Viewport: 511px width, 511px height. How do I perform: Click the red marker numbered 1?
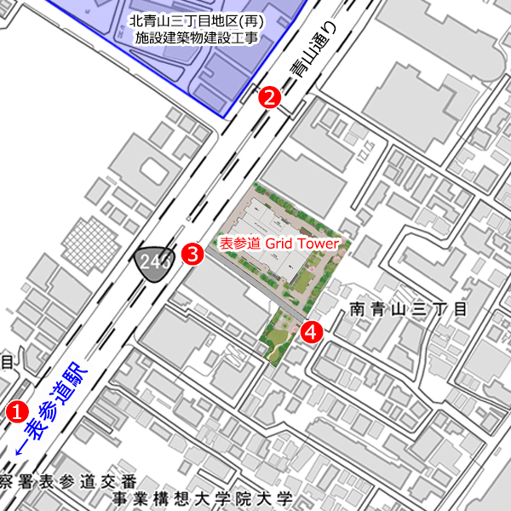point(16,410)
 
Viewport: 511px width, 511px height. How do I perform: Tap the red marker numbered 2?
point(270,97)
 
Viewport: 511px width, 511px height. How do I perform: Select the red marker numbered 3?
point(194,252)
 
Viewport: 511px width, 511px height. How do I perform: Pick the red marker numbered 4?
point(313,331)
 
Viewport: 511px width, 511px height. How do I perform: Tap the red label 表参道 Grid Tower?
point(279,243)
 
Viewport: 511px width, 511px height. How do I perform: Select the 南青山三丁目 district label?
point(409,309)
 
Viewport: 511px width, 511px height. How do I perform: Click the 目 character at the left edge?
point(6,362)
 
